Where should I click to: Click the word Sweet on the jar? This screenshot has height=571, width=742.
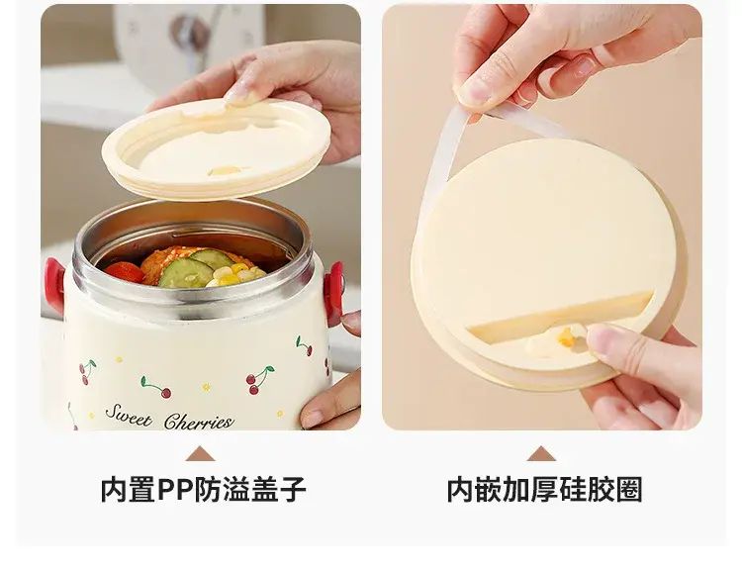pos(129,416)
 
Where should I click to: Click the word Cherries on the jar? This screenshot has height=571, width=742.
pos(199,421)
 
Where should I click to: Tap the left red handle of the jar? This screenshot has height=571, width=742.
pos(54,285)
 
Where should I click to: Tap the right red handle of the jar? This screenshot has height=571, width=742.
pos(334,293)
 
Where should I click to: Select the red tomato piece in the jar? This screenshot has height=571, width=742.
pos(125,272)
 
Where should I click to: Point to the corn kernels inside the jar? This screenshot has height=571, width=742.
pos(234,275)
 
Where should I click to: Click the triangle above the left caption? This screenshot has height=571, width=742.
pos(201,453)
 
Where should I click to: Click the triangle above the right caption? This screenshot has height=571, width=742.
pos(541,453)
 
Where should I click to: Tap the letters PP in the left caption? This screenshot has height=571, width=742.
pos(175,490)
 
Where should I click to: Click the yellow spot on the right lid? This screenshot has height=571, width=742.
pos(566,337)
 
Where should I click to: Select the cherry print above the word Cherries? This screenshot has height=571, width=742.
pos(258,380)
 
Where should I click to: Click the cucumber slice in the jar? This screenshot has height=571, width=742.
pos(186,273)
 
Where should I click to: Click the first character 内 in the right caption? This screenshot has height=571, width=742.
pos(460,490)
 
